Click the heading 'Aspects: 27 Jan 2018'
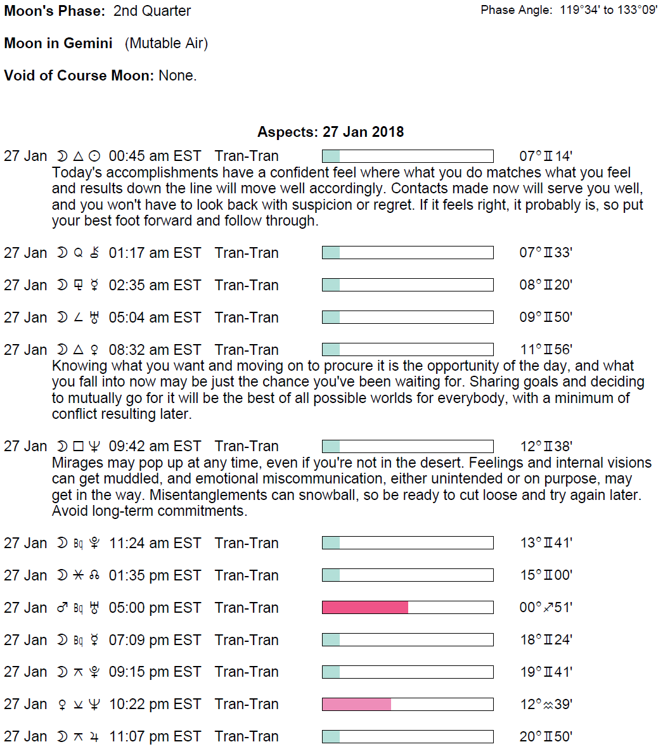point(330,132)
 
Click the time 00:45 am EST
point(155,156)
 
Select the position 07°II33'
point(545,253)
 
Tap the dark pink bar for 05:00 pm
point(365,608)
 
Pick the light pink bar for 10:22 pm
point(357,704)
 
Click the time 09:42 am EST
point(155,446)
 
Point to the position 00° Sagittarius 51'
point(545,608)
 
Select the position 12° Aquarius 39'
point(545,704)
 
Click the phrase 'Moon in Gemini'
point(58,43)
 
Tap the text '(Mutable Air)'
point(166,43)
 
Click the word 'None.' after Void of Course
point(177,75)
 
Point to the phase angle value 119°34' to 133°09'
point(608,10)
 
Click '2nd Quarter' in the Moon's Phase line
point(152,11)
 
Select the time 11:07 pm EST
point(155,736)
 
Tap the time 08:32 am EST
point(155,350)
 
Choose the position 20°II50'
point(545,736)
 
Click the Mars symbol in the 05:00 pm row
point(62,608)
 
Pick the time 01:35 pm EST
point(155,575)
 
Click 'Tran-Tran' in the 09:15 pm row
point(247,672)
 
